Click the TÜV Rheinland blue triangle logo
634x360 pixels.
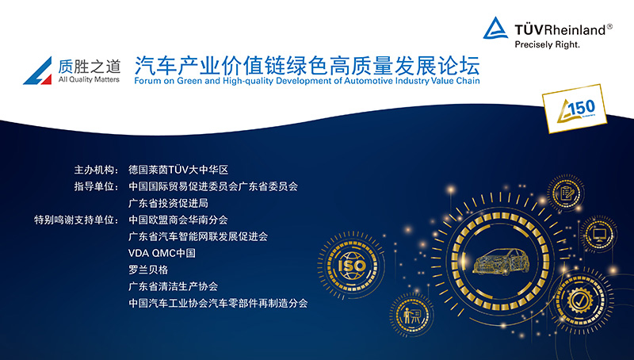point(496,29)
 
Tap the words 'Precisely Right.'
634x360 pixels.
point(547,44)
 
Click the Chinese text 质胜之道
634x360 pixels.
point(90,66)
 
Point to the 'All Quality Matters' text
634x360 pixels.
point(89,79)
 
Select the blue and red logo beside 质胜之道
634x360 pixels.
point(38,71)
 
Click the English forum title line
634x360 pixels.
point(307,81)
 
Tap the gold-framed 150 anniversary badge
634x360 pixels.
point(574,109)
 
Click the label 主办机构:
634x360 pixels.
point(96,170)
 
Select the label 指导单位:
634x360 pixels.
point(96,186)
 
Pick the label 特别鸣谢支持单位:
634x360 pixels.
point(76,220)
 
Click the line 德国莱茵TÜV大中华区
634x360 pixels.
point(178,170)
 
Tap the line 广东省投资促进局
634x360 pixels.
point(168,203)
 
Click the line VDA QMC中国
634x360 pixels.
point(162,253)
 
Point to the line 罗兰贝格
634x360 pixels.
point(148,270)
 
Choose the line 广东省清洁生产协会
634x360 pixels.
point(173,286)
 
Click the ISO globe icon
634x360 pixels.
point(352,266)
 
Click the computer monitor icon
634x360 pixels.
point(599,234)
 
